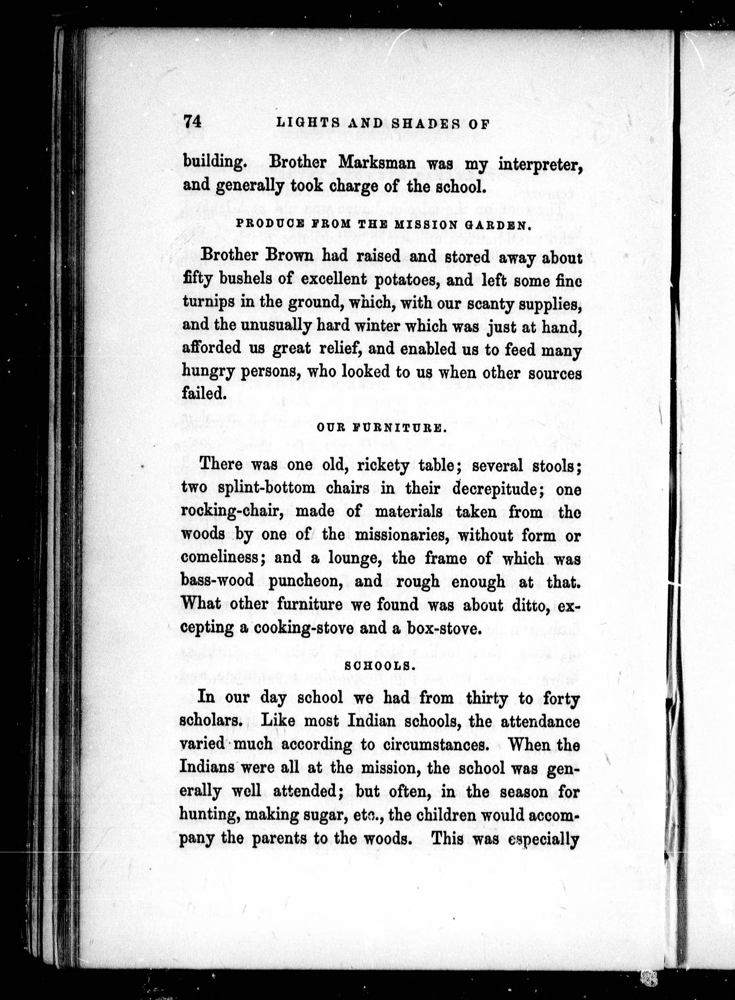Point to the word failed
tap(201, 393)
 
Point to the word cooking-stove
tap(308, 628)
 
